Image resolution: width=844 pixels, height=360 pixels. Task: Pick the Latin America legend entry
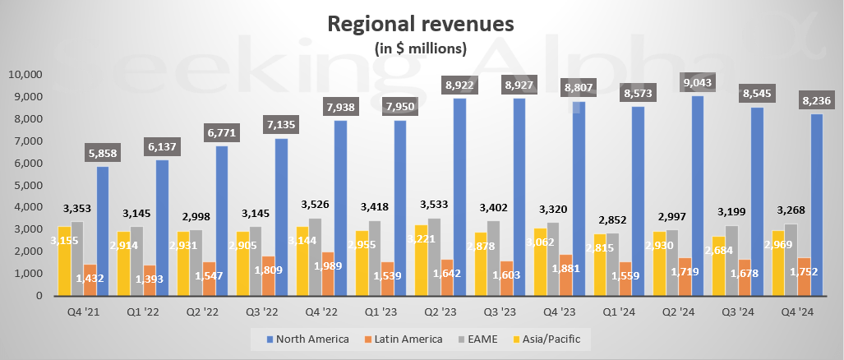[x=404, y=338]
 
